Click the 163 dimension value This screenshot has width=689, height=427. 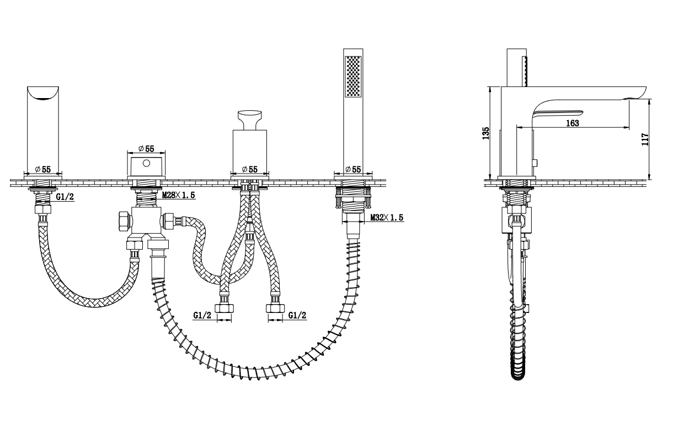click(572, 123)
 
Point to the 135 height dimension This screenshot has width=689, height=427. click(485, 133)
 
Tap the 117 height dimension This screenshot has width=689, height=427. click(645, 139)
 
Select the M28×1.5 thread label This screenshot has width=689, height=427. click(178, 195)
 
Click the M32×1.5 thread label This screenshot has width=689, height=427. click(387, 218)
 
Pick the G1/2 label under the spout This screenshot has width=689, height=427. click(65, 197)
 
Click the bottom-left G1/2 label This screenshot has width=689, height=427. click(202, 315)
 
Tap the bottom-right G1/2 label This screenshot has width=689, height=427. click(297, 315)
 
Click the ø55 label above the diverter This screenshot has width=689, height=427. click(146, 149)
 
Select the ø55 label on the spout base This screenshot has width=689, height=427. click(43, 169)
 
